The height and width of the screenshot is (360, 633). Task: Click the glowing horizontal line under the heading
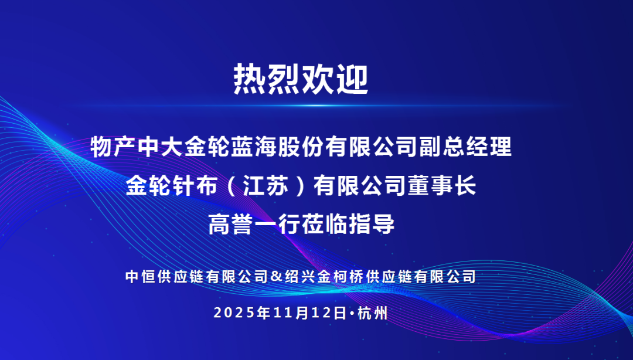click(311, 106)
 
